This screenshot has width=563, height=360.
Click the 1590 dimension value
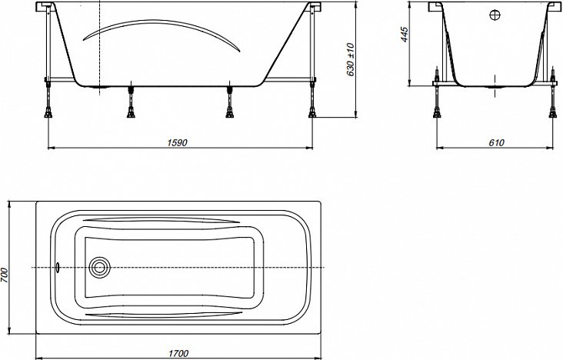coord(178,142)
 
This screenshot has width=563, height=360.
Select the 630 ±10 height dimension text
coord(351,60)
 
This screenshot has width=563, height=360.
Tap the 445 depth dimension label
coord(405,35)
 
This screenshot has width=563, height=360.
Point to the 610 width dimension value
coord(496,142)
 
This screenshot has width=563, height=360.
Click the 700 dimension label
coord(4,275)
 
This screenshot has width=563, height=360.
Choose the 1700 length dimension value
coord(178,354)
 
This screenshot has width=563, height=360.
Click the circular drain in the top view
coord(98,267)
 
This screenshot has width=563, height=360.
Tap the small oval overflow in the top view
coord(58,267)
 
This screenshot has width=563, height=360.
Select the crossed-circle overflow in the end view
coord(495,15)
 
